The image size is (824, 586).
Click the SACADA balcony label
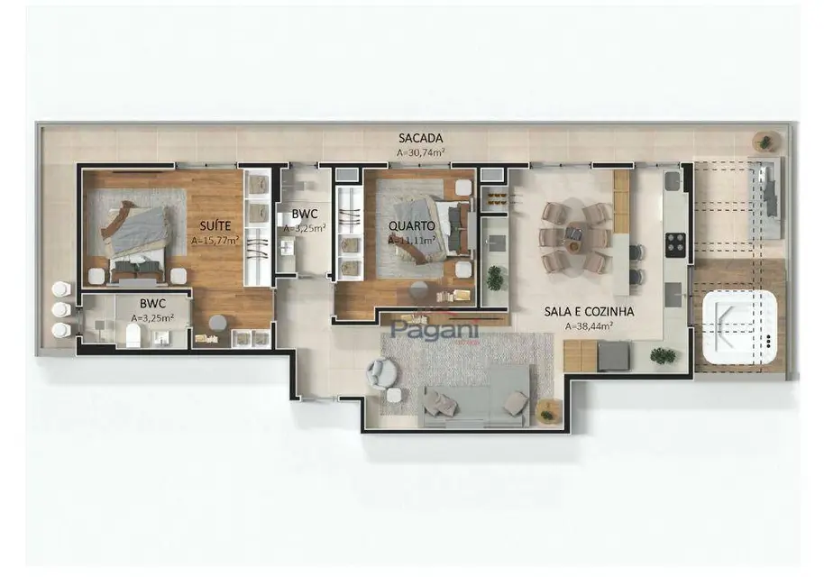420,138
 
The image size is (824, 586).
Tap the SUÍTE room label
215,225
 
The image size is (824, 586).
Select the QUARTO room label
412,225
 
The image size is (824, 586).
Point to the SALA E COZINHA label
589,312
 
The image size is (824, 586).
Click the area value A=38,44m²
589,326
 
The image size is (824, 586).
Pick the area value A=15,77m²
215,241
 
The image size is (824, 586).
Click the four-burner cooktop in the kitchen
674,243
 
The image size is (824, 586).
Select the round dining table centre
575,237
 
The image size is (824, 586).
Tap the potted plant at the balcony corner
765,142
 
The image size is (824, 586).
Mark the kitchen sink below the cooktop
673,294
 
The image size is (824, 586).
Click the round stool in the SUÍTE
217,322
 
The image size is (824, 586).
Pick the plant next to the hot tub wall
664,356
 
